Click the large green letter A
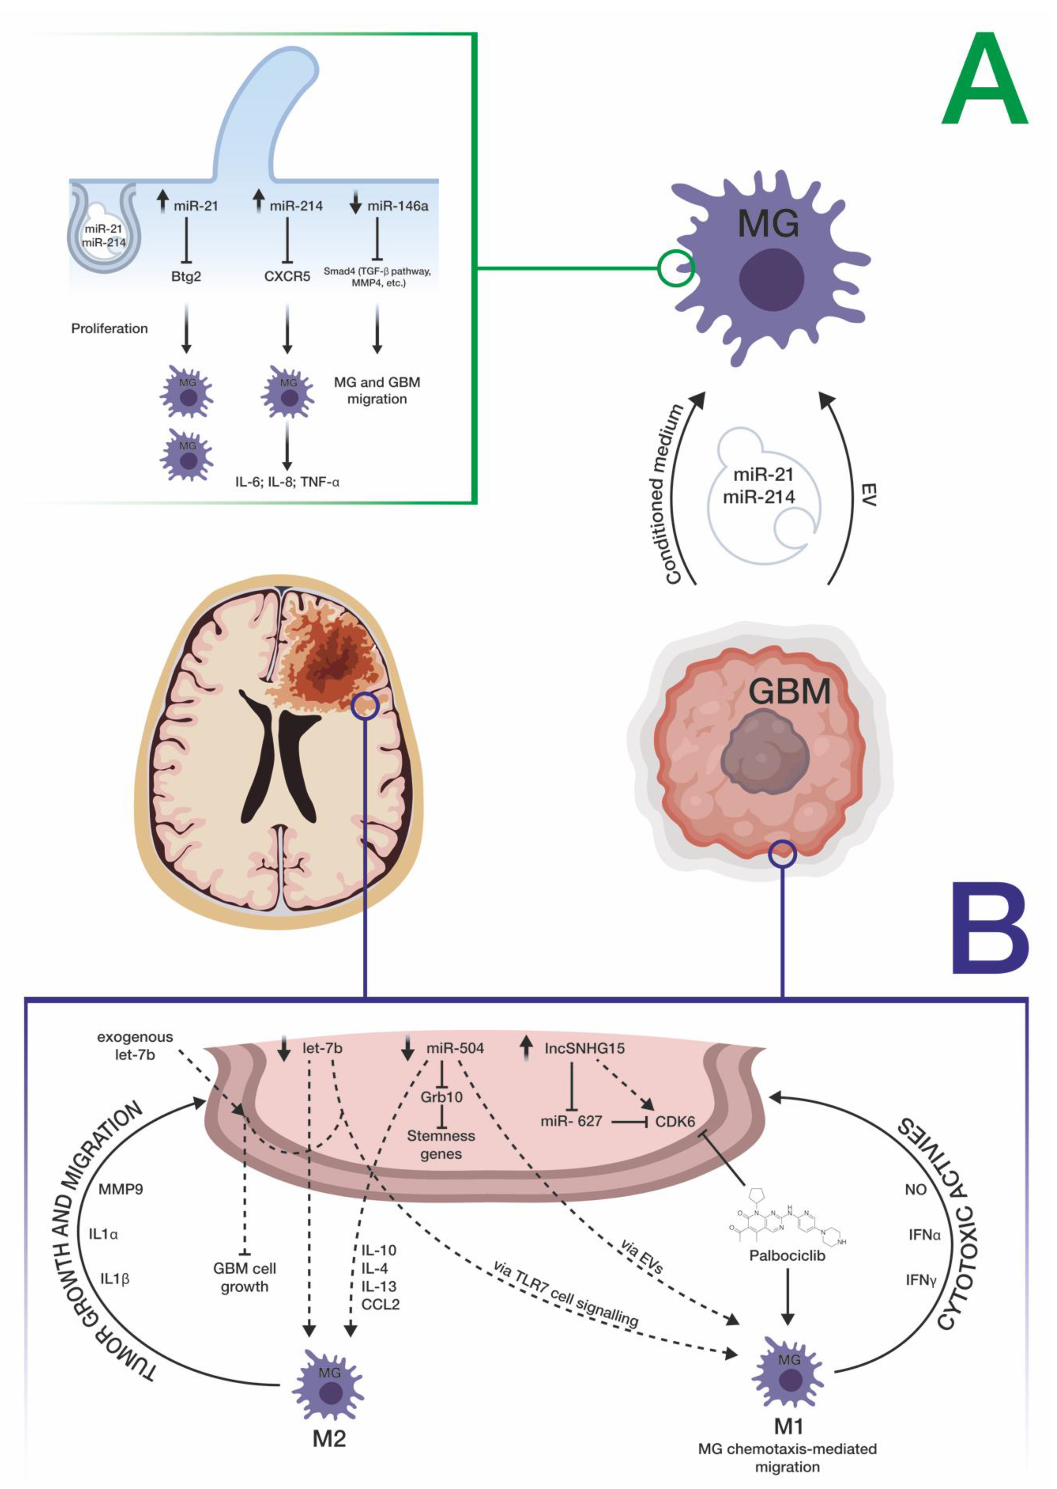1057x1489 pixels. [984, 83]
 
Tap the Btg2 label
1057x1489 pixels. [186, 277]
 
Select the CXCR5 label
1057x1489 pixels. [287, 277]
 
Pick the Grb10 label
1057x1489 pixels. [441, 1097]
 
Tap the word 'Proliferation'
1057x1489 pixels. [109, 329]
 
